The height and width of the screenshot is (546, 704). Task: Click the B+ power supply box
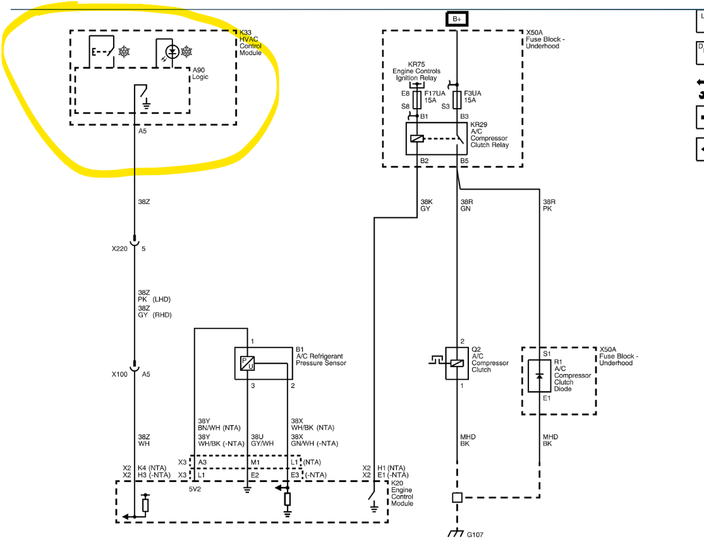457,19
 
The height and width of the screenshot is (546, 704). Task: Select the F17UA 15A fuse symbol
417,100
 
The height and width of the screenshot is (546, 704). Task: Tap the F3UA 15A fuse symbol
457,100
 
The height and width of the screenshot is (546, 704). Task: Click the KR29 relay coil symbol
417,139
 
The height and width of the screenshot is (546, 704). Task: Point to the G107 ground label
475,535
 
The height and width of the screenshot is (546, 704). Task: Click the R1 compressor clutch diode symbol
539,376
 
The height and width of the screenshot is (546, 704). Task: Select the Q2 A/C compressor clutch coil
457,363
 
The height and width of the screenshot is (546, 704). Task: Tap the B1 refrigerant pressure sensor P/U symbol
247,363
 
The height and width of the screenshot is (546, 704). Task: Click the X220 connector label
119,248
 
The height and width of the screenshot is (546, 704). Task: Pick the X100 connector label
119,374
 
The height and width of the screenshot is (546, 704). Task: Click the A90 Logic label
200,74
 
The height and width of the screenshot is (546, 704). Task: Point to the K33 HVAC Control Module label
250,43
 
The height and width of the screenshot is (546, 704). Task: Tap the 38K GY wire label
427,205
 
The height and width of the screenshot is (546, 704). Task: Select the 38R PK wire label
549,205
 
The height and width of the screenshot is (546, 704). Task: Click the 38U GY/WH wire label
262,440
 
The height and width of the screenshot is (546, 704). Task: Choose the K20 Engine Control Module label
402,493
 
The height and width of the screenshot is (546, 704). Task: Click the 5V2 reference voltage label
195,489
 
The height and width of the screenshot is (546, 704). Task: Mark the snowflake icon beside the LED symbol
186,52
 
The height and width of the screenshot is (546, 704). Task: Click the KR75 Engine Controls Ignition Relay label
416,71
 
